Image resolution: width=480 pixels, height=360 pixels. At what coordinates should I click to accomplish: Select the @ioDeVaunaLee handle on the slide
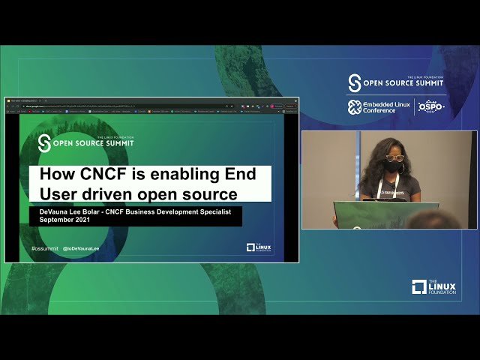pyautogui.click(x=82, y=248)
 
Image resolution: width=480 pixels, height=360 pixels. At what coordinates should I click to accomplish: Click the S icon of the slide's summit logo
pyautogui.click(x=45, y=142)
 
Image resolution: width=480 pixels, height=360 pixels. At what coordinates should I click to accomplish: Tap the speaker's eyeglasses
pyautogui.click(x=394, y=157)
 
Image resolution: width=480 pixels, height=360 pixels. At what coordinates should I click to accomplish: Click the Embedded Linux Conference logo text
pyautogui.click(x=387, y=107)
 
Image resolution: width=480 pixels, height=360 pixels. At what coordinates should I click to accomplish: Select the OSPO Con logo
pyautogui.click(x=431, y=107)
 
